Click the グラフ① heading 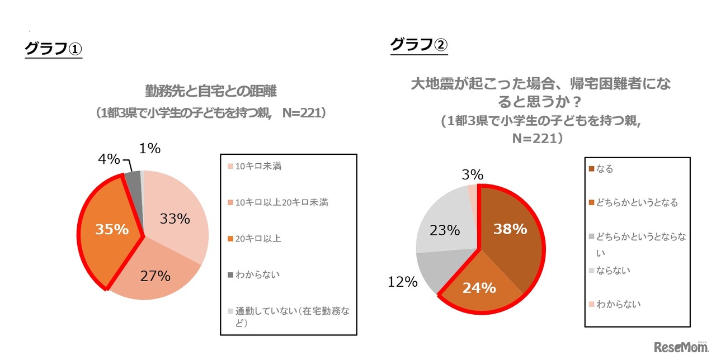[53, 49]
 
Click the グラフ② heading [418, 44]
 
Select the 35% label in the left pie [112, 229]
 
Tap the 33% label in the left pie [175, 219]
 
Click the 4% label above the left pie [109, 159]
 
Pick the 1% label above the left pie [149, 149]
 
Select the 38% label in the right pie [510, 229]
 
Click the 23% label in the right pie [445, 230]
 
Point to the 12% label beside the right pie [403, 282]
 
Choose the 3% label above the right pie [473, 174]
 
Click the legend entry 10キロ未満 [258, 167]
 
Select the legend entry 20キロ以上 [258, 238]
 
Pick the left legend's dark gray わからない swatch [230, 274]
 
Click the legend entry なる [605, 169]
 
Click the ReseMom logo [681, 347]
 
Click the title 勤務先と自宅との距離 [210, 91]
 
